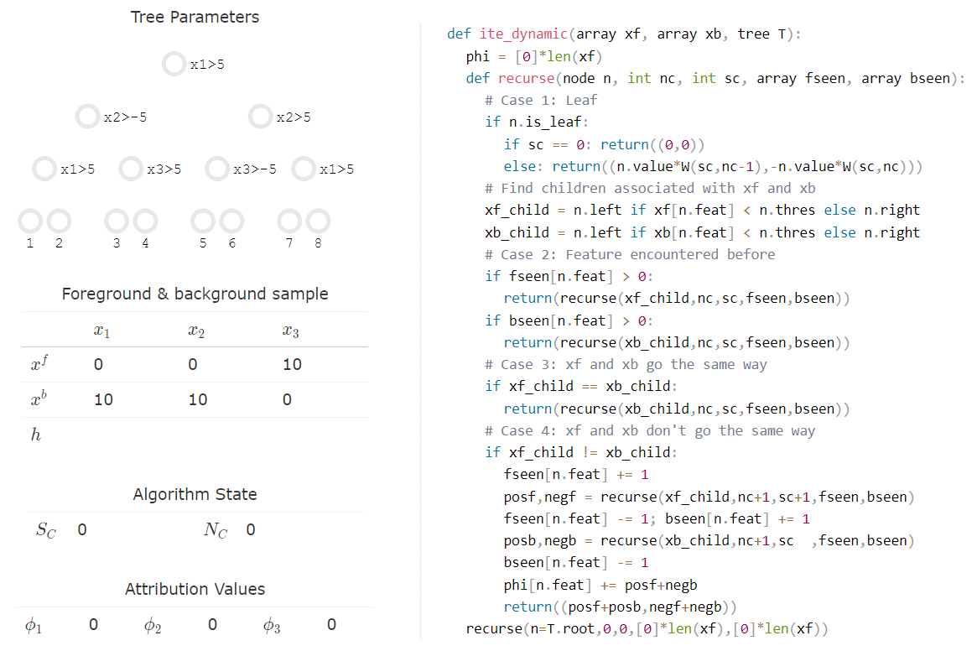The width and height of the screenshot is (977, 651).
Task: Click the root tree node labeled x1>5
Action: [x=174, y=65]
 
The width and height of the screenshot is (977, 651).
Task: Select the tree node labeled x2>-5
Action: [x=87, y=117]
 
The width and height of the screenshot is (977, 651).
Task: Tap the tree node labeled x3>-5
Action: [x=217, y=169]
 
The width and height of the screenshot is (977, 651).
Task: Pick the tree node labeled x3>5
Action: [x=131, y=169]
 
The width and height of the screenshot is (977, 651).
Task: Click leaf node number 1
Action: [x=30, y=221]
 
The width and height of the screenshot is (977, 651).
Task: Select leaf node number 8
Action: [x=318, y=221]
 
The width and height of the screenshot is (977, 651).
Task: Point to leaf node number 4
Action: [x=145, y=221]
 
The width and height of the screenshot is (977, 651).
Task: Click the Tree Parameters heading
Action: [x=195, y=17]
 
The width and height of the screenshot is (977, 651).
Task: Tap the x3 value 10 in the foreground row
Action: [x=292, y=365]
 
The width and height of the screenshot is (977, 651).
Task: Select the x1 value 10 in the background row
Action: [x=103, y=400]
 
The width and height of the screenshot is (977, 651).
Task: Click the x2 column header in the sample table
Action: [x=196, y=331]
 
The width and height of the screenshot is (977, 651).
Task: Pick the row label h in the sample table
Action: [x=35, y=435]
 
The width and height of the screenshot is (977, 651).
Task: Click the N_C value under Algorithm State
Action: [x=251, y=530]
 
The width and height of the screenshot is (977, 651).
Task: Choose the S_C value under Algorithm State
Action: [x=82, y=530]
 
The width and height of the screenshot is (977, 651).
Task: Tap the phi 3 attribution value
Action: [x=331, y=625]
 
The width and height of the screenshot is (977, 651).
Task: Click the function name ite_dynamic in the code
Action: [x=523, y=34]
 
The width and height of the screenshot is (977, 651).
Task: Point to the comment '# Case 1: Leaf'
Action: [x=541, y=100]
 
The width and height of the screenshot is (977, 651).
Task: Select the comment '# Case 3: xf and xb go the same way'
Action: [x=626, y=364]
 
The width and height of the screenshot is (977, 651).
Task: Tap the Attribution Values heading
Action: [x=195, y=589]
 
